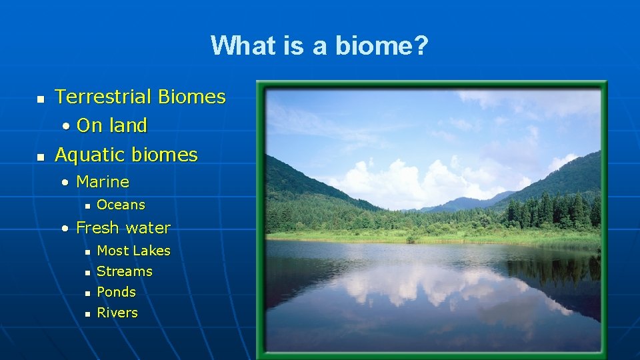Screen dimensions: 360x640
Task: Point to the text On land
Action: point(111,125)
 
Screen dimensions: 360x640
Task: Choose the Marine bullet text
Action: point(103,181)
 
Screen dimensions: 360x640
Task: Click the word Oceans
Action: point(121,205)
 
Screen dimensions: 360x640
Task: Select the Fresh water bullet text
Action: point(123,228)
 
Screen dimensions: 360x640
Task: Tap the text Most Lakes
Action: point(133,251)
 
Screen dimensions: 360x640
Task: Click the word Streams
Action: point(125,271)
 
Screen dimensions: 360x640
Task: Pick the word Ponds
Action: point(116,292)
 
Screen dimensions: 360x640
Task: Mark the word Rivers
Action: point(117,313)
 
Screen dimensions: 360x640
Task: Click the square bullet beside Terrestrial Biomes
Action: point(40,99)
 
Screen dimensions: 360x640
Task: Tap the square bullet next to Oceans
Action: point(87,206)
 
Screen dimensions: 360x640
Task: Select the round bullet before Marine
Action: point(65,182)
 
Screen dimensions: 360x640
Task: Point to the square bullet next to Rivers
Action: point(87,313)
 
